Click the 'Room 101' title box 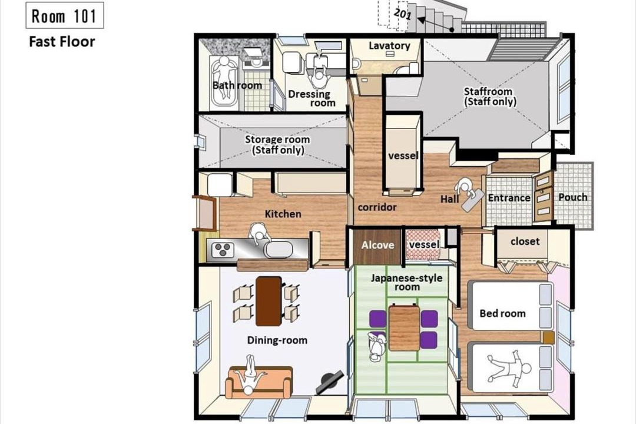click(65, 15)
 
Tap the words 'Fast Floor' click(62, 41)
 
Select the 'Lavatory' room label click(389, 45)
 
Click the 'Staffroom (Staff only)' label click(489, 96)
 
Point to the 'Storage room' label click(277, 140)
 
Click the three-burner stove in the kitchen click(223, 249)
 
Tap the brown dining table click(269, 301)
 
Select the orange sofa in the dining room click(259, 383)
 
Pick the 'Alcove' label click(377, 245)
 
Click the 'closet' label click(525, 241)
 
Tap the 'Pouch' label click(573, 197)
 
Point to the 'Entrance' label click(509, 198)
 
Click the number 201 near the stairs click(403, 14)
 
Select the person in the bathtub click(224, 77)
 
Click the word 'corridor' click(377, 207)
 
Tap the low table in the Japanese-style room click(404, 328)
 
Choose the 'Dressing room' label click(312, 98)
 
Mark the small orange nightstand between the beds click(548, 337)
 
